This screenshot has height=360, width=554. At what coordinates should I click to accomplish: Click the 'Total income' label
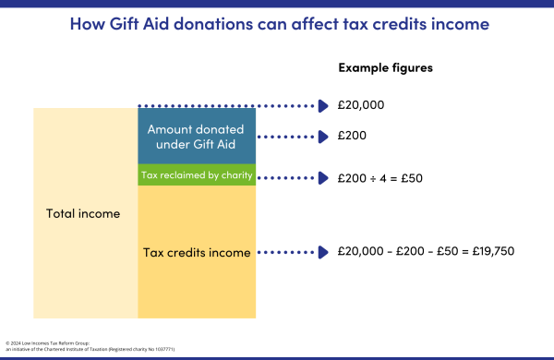pos(83,213)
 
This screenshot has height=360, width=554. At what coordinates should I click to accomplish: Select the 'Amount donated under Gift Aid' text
pos(196,136)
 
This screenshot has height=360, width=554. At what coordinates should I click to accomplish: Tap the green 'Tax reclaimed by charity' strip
pos(196,174)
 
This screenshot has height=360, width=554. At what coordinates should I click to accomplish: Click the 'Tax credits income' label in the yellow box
pos(196,252)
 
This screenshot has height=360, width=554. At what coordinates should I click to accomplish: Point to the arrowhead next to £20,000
pos(323,105)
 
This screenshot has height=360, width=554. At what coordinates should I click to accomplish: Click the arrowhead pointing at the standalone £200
pos(323,136)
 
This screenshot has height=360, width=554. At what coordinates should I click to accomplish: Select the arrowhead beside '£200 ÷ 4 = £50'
pos(323,176)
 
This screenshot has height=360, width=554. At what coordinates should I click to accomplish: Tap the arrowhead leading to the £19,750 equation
pos(323,251)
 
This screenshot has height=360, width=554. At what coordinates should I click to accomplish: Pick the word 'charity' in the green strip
pos(233,174)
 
